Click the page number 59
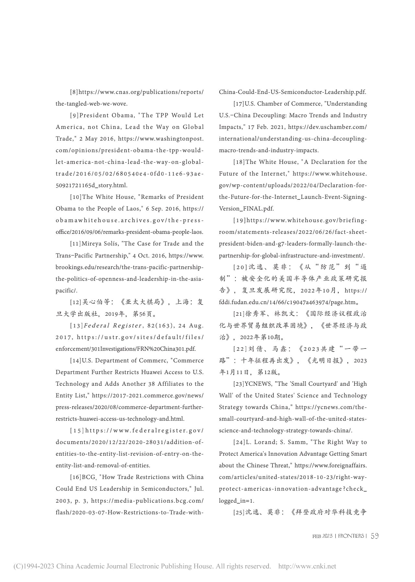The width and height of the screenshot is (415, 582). pos(375,536)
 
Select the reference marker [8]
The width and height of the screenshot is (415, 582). pos(74,92)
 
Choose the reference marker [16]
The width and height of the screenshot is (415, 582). pos(76,477)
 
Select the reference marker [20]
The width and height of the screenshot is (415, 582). pos(240,267)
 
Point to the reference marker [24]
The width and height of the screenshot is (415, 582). pos(239,442)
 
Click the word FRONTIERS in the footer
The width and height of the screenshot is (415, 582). pos(351,536)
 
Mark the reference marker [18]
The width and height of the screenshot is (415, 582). pos(239,162)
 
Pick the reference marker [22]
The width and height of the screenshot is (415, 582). pos(240,349)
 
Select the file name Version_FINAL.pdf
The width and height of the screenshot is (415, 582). pos(247,209)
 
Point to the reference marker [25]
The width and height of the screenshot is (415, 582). pos(239,512)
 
